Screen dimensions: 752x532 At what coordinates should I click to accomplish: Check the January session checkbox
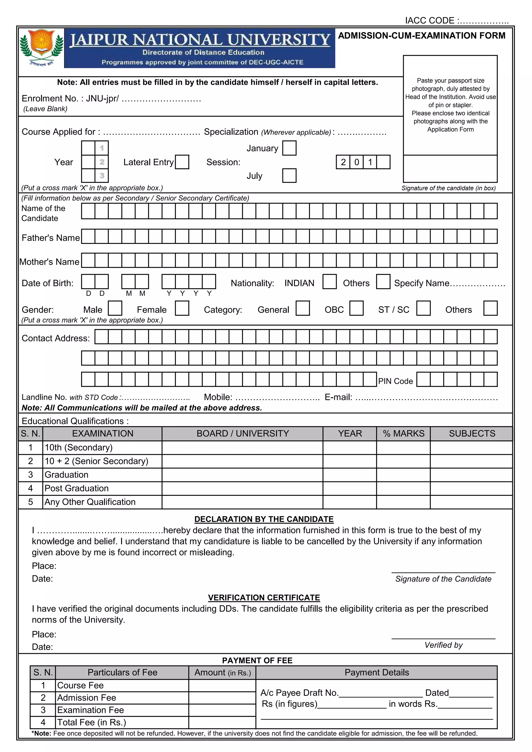tap(289, 148)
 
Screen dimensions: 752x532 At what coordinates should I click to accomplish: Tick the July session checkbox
tap(289, 176)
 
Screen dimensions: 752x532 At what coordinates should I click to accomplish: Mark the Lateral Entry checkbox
tap(182, 162)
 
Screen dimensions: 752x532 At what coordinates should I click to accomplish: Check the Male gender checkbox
tap(115, 309)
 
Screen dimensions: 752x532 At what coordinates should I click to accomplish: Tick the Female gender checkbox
tap(182, 309)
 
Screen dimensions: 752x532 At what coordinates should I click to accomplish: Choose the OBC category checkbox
tap(356, 309)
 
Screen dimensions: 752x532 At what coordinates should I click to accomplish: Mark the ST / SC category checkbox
tap(423, 309)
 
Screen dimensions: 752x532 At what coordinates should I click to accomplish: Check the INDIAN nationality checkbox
tap(329, 282)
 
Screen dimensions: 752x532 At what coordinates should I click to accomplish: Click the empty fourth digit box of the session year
tap(383, 162)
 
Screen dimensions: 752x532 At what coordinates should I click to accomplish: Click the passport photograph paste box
tap(450, 105)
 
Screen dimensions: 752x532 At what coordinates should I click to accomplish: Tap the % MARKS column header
tap(403, 433)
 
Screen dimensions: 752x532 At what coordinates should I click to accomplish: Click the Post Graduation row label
tap(76, 488)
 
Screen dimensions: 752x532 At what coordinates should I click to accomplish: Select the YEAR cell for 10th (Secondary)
tap(349, 447)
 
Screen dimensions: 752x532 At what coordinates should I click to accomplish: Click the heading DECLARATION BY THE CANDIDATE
tap(264, 519)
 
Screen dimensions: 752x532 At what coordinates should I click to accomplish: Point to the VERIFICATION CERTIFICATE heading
tap(264, 598)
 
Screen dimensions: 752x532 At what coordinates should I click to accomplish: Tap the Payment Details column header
tap(376, 672)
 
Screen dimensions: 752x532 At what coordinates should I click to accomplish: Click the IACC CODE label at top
tap(430, 21)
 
